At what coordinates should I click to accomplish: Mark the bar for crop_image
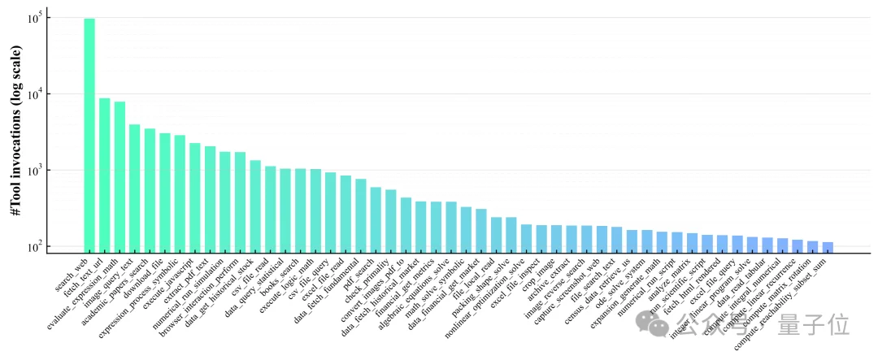556,239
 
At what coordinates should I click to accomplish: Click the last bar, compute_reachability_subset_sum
828,247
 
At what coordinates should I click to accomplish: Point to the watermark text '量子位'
813,325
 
